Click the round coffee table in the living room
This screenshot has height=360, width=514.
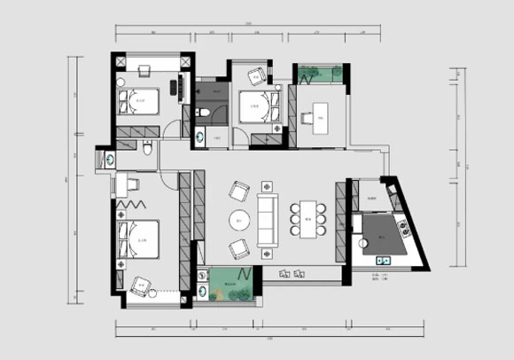[x=236, y=220]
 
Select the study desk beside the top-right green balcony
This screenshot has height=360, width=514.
[x=317, y=115]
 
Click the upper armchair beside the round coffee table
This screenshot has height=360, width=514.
[x=238, y=191]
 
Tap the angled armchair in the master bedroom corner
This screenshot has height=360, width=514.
[x=140, y=286]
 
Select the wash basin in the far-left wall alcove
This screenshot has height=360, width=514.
[x=109, y=160]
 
